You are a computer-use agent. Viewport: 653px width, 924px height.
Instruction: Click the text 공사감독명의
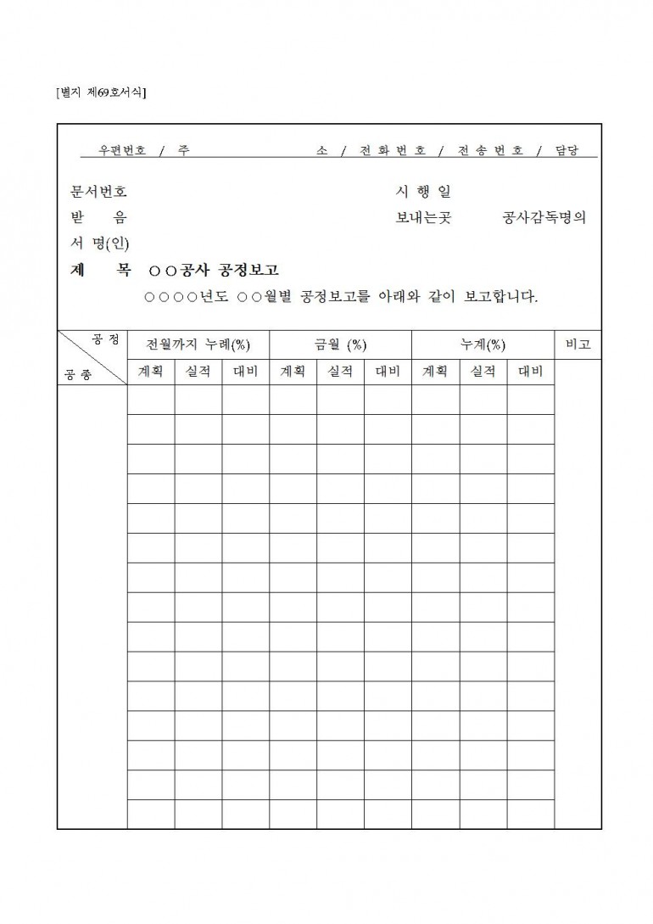[x=544, y=218]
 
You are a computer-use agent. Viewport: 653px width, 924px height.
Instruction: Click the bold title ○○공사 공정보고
[x=213, y=271]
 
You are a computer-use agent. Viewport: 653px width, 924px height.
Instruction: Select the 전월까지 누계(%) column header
[x=198, y=344]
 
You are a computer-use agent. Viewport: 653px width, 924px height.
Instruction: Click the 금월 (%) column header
[x=340, y=344]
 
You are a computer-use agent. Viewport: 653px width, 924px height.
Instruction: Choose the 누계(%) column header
[x=483, y=344]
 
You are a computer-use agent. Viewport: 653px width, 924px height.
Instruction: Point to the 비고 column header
[x=578, y=344]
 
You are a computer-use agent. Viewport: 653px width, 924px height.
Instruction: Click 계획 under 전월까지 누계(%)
[x=151, y=372]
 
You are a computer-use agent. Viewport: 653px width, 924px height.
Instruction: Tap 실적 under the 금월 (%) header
[x=340, y=372]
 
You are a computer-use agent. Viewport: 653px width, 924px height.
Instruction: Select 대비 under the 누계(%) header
[x=530, y=372]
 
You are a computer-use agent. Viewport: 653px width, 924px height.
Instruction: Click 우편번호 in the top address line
[x=122, y=150]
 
